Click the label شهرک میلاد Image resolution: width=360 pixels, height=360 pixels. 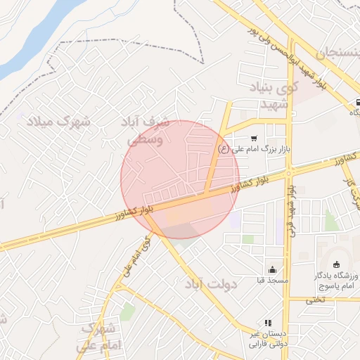click(59, 122)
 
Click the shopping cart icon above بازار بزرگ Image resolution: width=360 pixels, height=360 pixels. click(253, 139)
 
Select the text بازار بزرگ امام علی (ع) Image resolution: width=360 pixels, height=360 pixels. click(253, 148)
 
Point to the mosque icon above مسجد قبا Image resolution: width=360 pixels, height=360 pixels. click(272, 270)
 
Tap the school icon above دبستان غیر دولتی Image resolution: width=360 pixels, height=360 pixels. click(267, 323)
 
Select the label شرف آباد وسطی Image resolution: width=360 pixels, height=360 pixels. click(150, 131)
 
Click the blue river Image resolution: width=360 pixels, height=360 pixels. click(28, 35)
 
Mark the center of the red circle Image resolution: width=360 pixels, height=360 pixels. click(180, 179)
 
